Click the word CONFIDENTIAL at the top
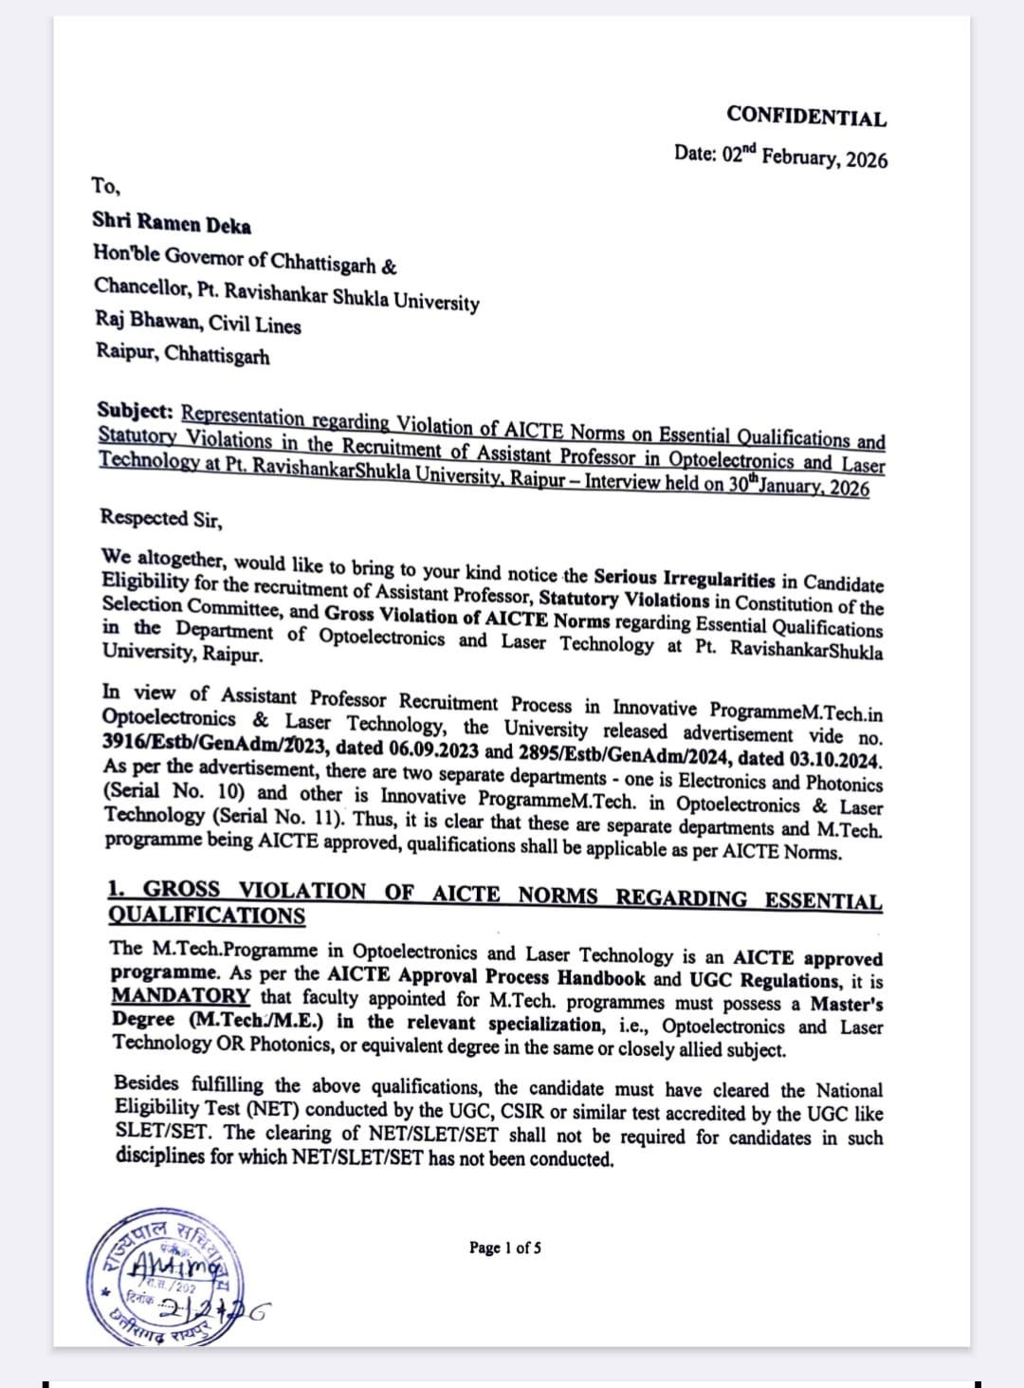tap(807, 117)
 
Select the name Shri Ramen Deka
tap(172, 223)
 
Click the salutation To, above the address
tap(105, 185)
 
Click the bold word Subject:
tap(135, 411)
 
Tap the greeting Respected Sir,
tap(161, 519)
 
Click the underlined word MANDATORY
tap(180, 997)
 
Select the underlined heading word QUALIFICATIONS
tap(207, 916)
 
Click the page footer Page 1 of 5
tap(505, 1248)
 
